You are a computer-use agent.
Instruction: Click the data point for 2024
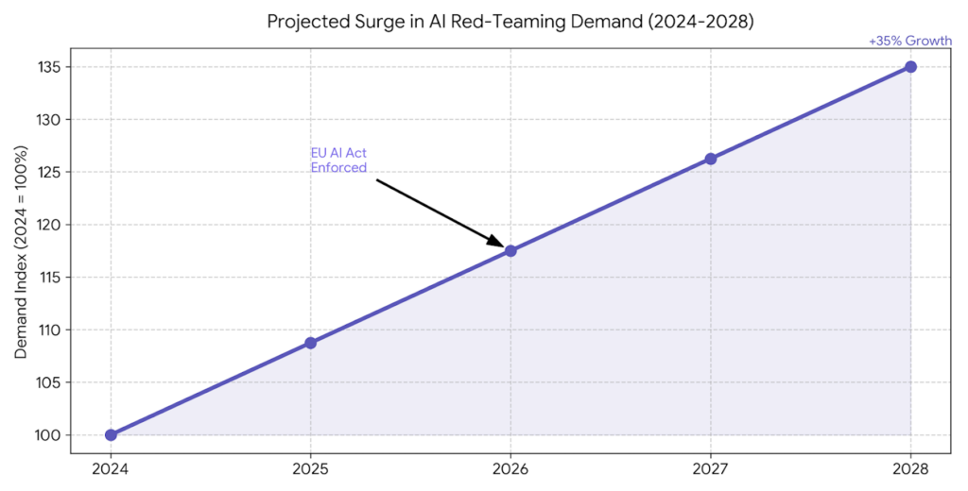pos(111,435)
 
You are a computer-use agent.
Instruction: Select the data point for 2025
pos(310,343)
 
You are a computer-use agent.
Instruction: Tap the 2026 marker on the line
pos(510,251)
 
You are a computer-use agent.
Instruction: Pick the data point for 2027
pos(711,159)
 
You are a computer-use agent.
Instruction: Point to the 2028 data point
pos(910,67)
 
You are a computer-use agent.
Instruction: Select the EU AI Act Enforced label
pos(338,161)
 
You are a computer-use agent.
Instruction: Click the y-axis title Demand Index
pos(22,251)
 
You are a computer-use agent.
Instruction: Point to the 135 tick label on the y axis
pos(50,67)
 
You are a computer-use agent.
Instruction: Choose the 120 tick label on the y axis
pos(50,225)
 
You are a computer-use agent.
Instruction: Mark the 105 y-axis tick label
pos(50,382)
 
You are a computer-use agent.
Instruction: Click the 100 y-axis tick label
pos(50,435)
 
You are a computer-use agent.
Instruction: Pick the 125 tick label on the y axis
pos(50,172)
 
